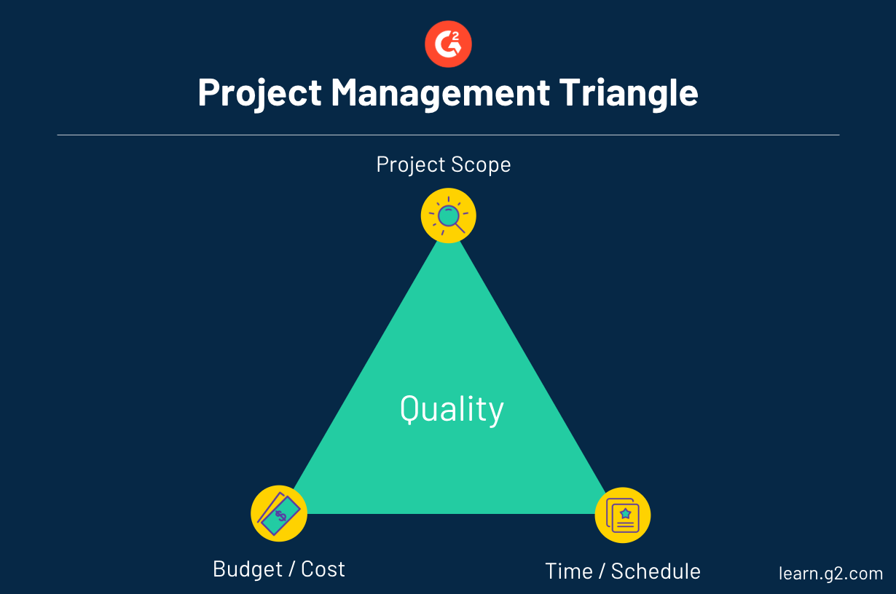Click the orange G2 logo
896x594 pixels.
[448, 44]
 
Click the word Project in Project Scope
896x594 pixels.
[411, 165]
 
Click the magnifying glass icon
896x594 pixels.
[449, 215]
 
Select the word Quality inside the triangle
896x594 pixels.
[452, 410]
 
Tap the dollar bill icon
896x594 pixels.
[279, 514]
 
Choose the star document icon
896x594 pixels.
[623, 515]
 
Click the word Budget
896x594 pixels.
[248, 569]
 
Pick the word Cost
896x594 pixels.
[323, 569]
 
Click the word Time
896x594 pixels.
[569, 571]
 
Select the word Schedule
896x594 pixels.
[656, 571]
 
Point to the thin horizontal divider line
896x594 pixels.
[449, 135]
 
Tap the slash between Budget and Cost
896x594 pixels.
[292, 569]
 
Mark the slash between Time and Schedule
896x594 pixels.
[602, 571]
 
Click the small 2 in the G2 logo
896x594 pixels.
[455, 36]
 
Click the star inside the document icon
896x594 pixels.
[626, 513]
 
